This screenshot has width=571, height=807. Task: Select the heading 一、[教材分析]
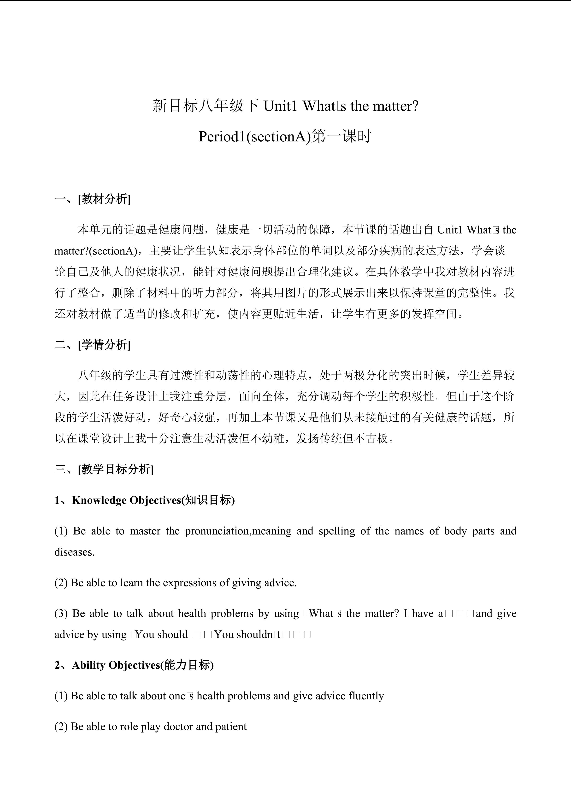(x=93, y=199)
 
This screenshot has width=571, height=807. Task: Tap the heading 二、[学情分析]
(x=93, y=345)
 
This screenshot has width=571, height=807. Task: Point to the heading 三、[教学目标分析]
(x=104, y=469)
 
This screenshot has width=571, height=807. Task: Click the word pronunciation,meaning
(x=238, y=531)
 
